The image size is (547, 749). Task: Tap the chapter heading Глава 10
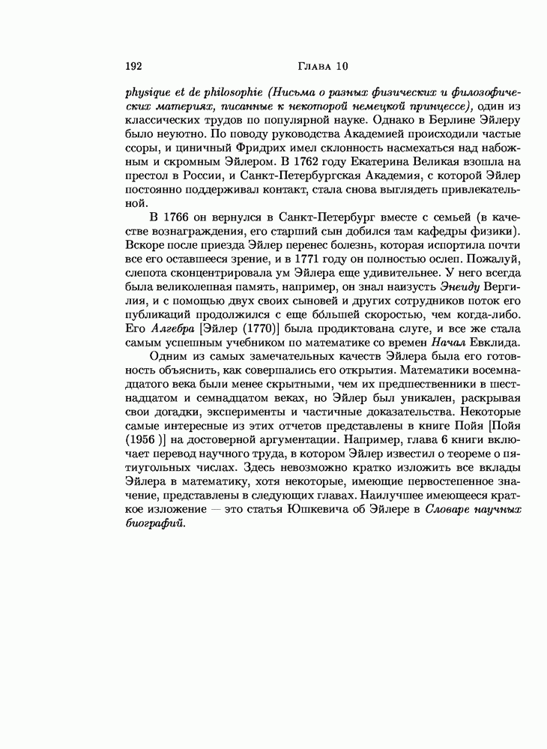[323, 66]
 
